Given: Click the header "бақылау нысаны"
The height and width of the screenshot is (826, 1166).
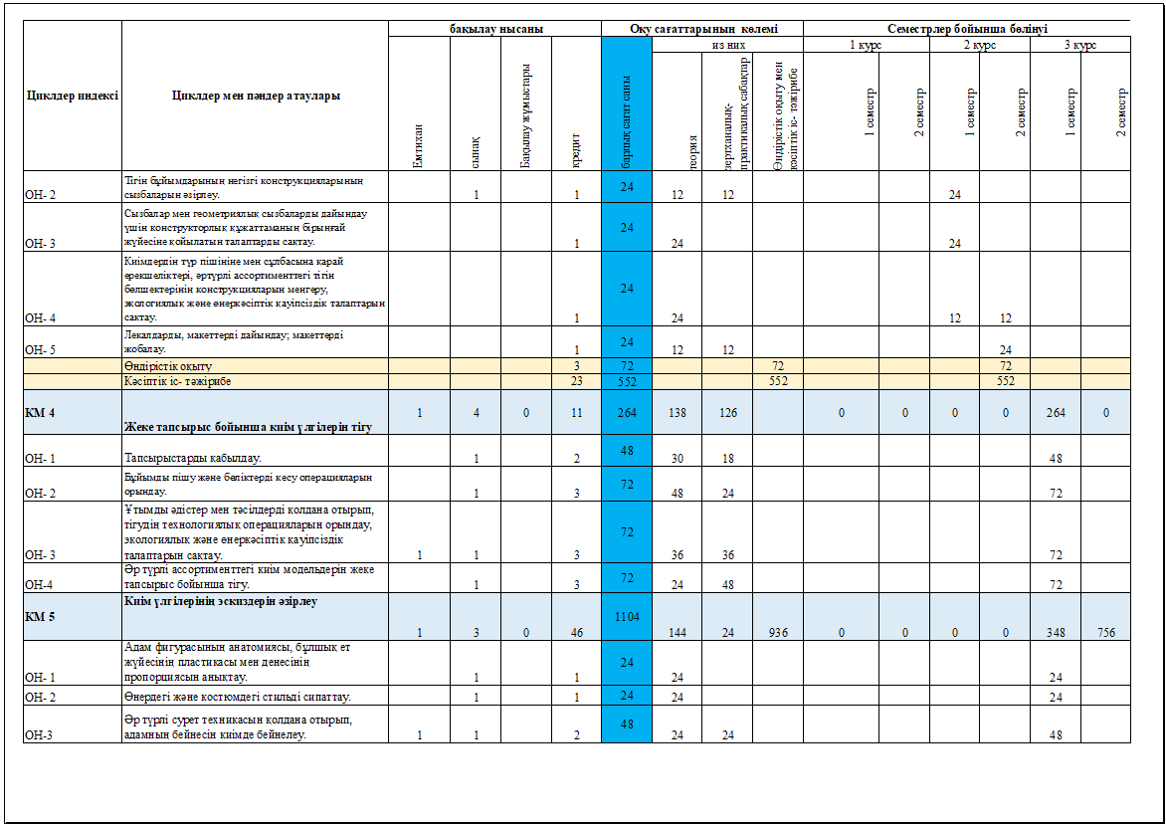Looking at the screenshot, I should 495,29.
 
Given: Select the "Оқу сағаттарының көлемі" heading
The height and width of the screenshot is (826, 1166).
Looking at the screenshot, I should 702,29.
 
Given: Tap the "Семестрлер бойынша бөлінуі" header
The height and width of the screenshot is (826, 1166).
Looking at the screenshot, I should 966,29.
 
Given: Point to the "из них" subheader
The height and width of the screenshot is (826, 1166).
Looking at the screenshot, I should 727,45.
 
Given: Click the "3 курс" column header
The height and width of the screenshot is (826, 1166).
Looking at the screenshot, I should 1079,45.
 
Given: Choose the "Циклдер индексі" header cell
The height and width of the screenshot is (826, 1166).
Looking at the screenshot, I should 72,96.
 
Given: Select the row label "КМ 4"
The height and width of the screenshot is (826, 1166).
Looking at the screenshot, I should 40,412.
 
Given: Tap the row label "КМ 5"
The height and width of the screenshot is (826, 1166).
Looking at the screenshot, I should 40,617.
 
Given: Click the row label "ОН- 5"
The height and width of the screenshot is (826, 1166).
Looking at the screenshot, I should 41,350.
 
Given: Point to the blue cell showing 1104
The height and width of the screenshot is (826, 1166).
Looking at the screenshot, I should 627,616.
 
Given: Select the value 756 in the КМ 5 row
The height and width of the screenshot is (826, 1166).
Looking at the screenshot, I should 1105,632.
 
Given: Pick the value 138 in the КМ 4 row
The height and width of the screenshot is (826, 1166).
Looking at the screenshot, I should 677,412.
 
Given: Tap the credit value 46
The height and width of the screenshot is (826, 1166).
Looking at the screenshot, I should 576,632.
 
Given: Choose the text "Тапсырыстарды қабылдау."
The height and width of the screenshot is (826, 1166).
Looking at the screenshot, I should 193,459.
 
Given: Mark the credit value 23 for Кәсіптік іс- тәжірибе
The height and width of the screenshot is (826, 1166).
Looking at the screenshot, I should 576,380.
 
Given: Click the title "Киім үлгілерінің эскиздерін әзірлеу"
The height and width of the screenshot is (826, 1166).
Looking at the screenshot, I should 221,601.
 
